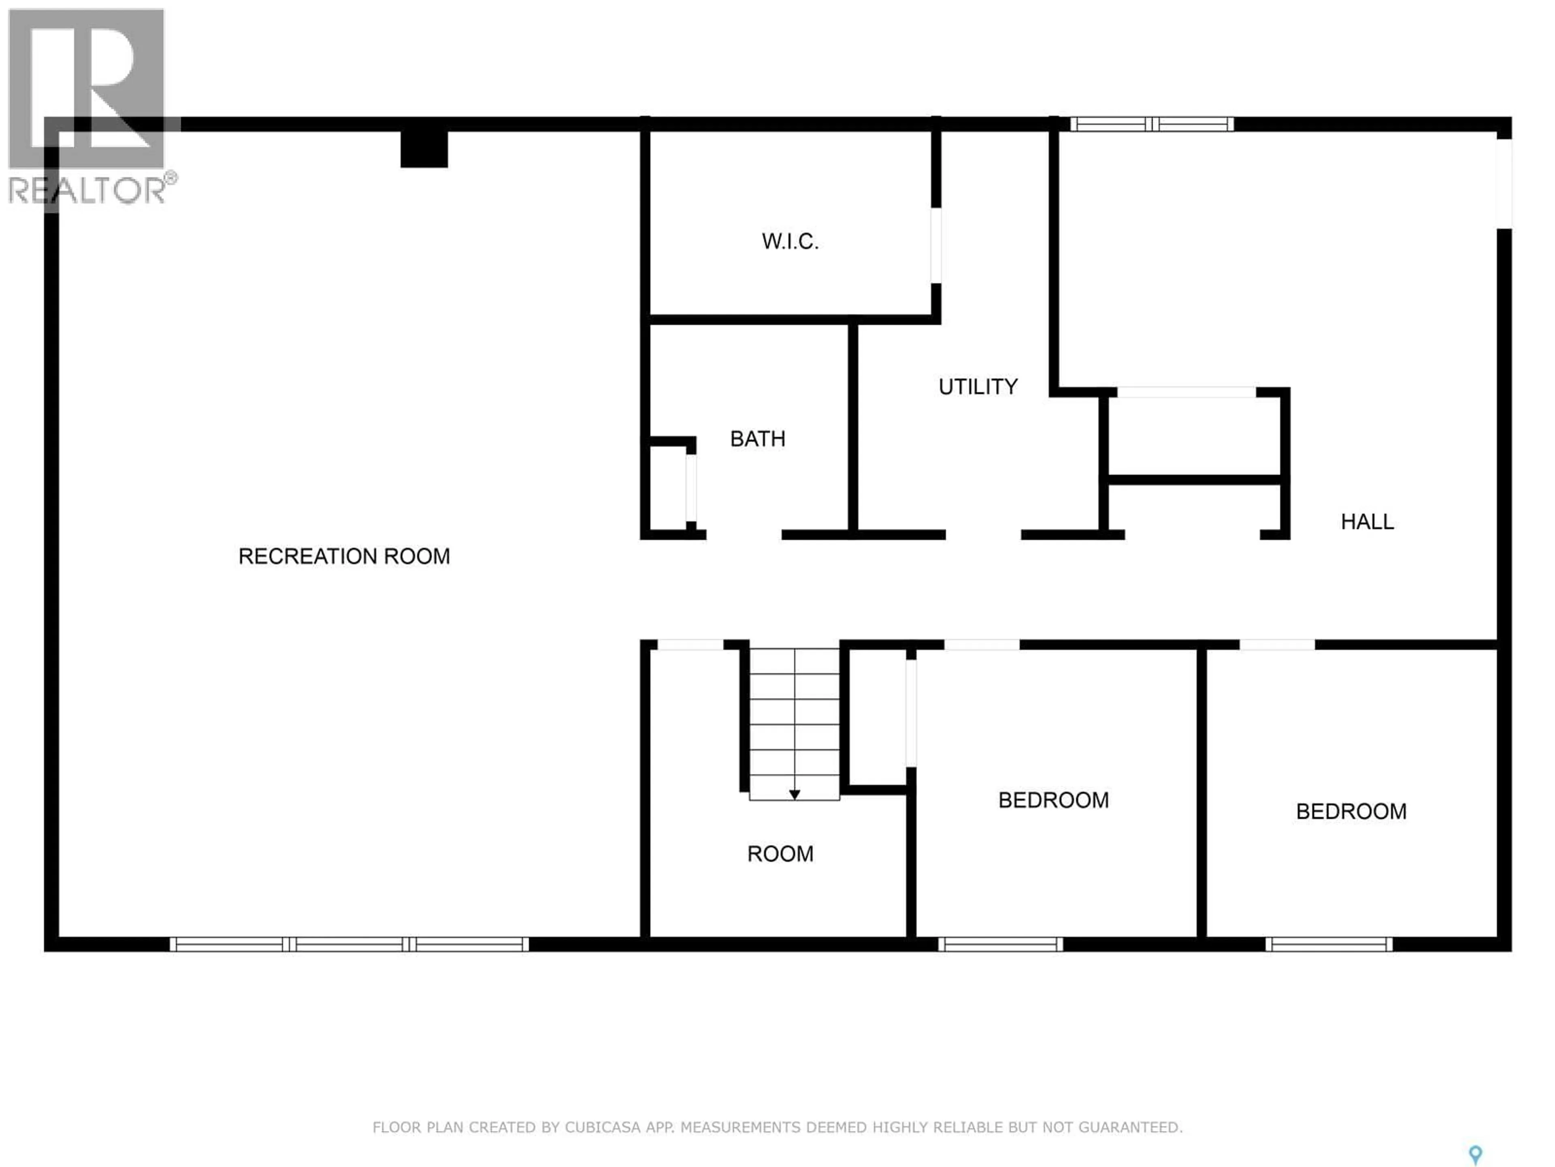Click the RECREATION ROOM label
pyautogui.click(x=344, y=556)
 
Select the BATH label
pyautogui.click(x=757, y=439)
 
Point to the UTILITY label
pyautogui.click(x=978, y=387)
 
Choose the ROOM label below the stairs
pyautogui.click(x=780, y=854)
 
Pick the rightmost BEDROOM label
pyautogui.click(x=1351, y=812)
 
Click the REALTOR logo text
pyautogui.click(x=88, y=190)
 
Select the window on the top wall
pyautogui.click(x=1152, y=124)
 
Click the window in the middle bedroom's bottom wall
pyautogui.click(x=1000, y=945)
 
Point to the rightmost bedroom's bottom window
pyautogui.click(x=1329, y=945)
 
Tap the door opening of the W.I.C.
pyautogui.click(x=936, y=245)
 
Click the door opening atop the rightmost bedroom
pyautogui.click(x=1277, y=644)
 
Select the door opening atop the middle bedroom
pyautogui.click(x=981, y=644)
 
